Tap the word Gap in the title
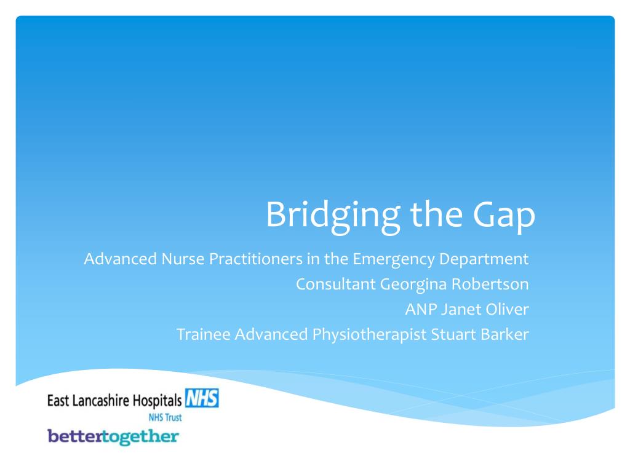point(504,216)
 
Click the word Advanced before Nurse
point(120,259)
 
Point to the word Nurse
point(183,259)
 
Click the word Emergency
point(385,259)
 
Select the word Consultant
point(335,285)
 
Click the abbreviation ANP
point(420,309)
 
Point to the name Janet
point(458,309)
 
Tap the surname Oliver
point(505,309)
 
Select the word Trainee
point(203,334)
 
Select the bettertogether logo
point(113,436)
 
